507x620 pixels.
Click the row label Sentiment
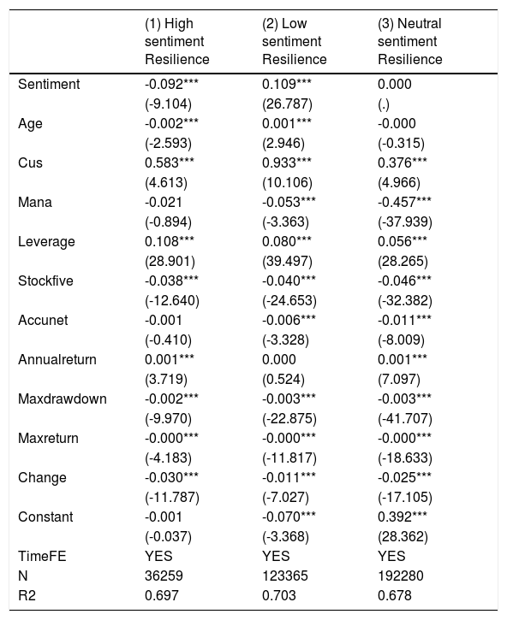49,84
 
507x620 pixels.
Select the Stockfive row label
45,281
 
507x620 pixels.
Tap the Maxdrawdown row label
63,399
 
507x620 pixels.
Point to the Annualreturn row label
57,360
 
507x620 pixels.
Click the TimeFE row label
42,557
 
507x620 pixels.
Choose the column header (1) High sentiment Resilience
177,42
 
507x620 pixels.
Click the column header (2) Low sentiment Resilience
295,42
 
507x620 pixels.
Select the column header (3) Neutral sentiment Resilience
410,42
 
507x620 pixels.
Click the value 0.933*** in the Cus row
287,162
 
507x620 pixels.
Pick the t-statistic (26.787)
287,104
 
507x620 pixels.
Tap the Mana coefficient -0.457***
404,203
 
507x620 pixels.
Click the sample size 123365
285,576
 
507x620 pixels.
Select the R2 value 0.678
395,596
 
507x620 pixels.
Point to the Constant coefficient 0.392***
403,517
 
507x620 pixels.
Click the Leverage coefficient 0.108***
170,242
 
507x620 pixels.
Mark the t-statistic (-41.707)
405,419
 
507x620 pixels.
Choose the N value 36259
164,576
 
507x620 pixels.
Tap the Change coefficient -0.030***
171,478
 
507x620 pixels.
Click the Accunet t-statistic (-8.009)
401,340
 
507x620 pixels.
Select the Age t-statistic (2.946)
283,143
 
